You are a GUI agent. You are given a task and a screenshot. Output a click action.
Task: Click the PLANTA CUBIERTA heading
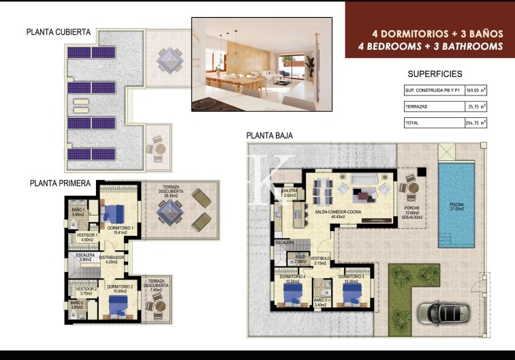pos(59,31)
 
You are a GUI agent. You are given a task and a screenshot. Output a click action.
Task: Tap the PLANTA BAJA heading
pos(270,136)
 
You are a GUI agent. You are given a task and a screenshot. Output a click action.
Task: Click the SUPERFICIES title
pos(435,74)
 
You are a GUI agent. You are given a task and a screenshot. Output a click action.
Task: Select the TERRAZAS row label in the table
pos(416,106)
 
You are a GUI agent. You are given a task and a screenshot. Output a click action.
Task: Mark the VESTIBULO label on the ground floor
pos(320,259)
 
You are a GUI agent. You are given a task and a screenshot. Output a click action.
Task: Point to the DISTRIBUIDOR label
pos(112,258)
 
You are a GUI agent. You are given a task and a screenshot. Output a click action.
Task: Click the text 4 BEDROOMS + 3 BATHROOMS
pos(431,46)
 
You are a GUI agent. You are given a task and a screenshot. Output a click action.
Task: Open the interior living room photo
pos(262,64)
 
